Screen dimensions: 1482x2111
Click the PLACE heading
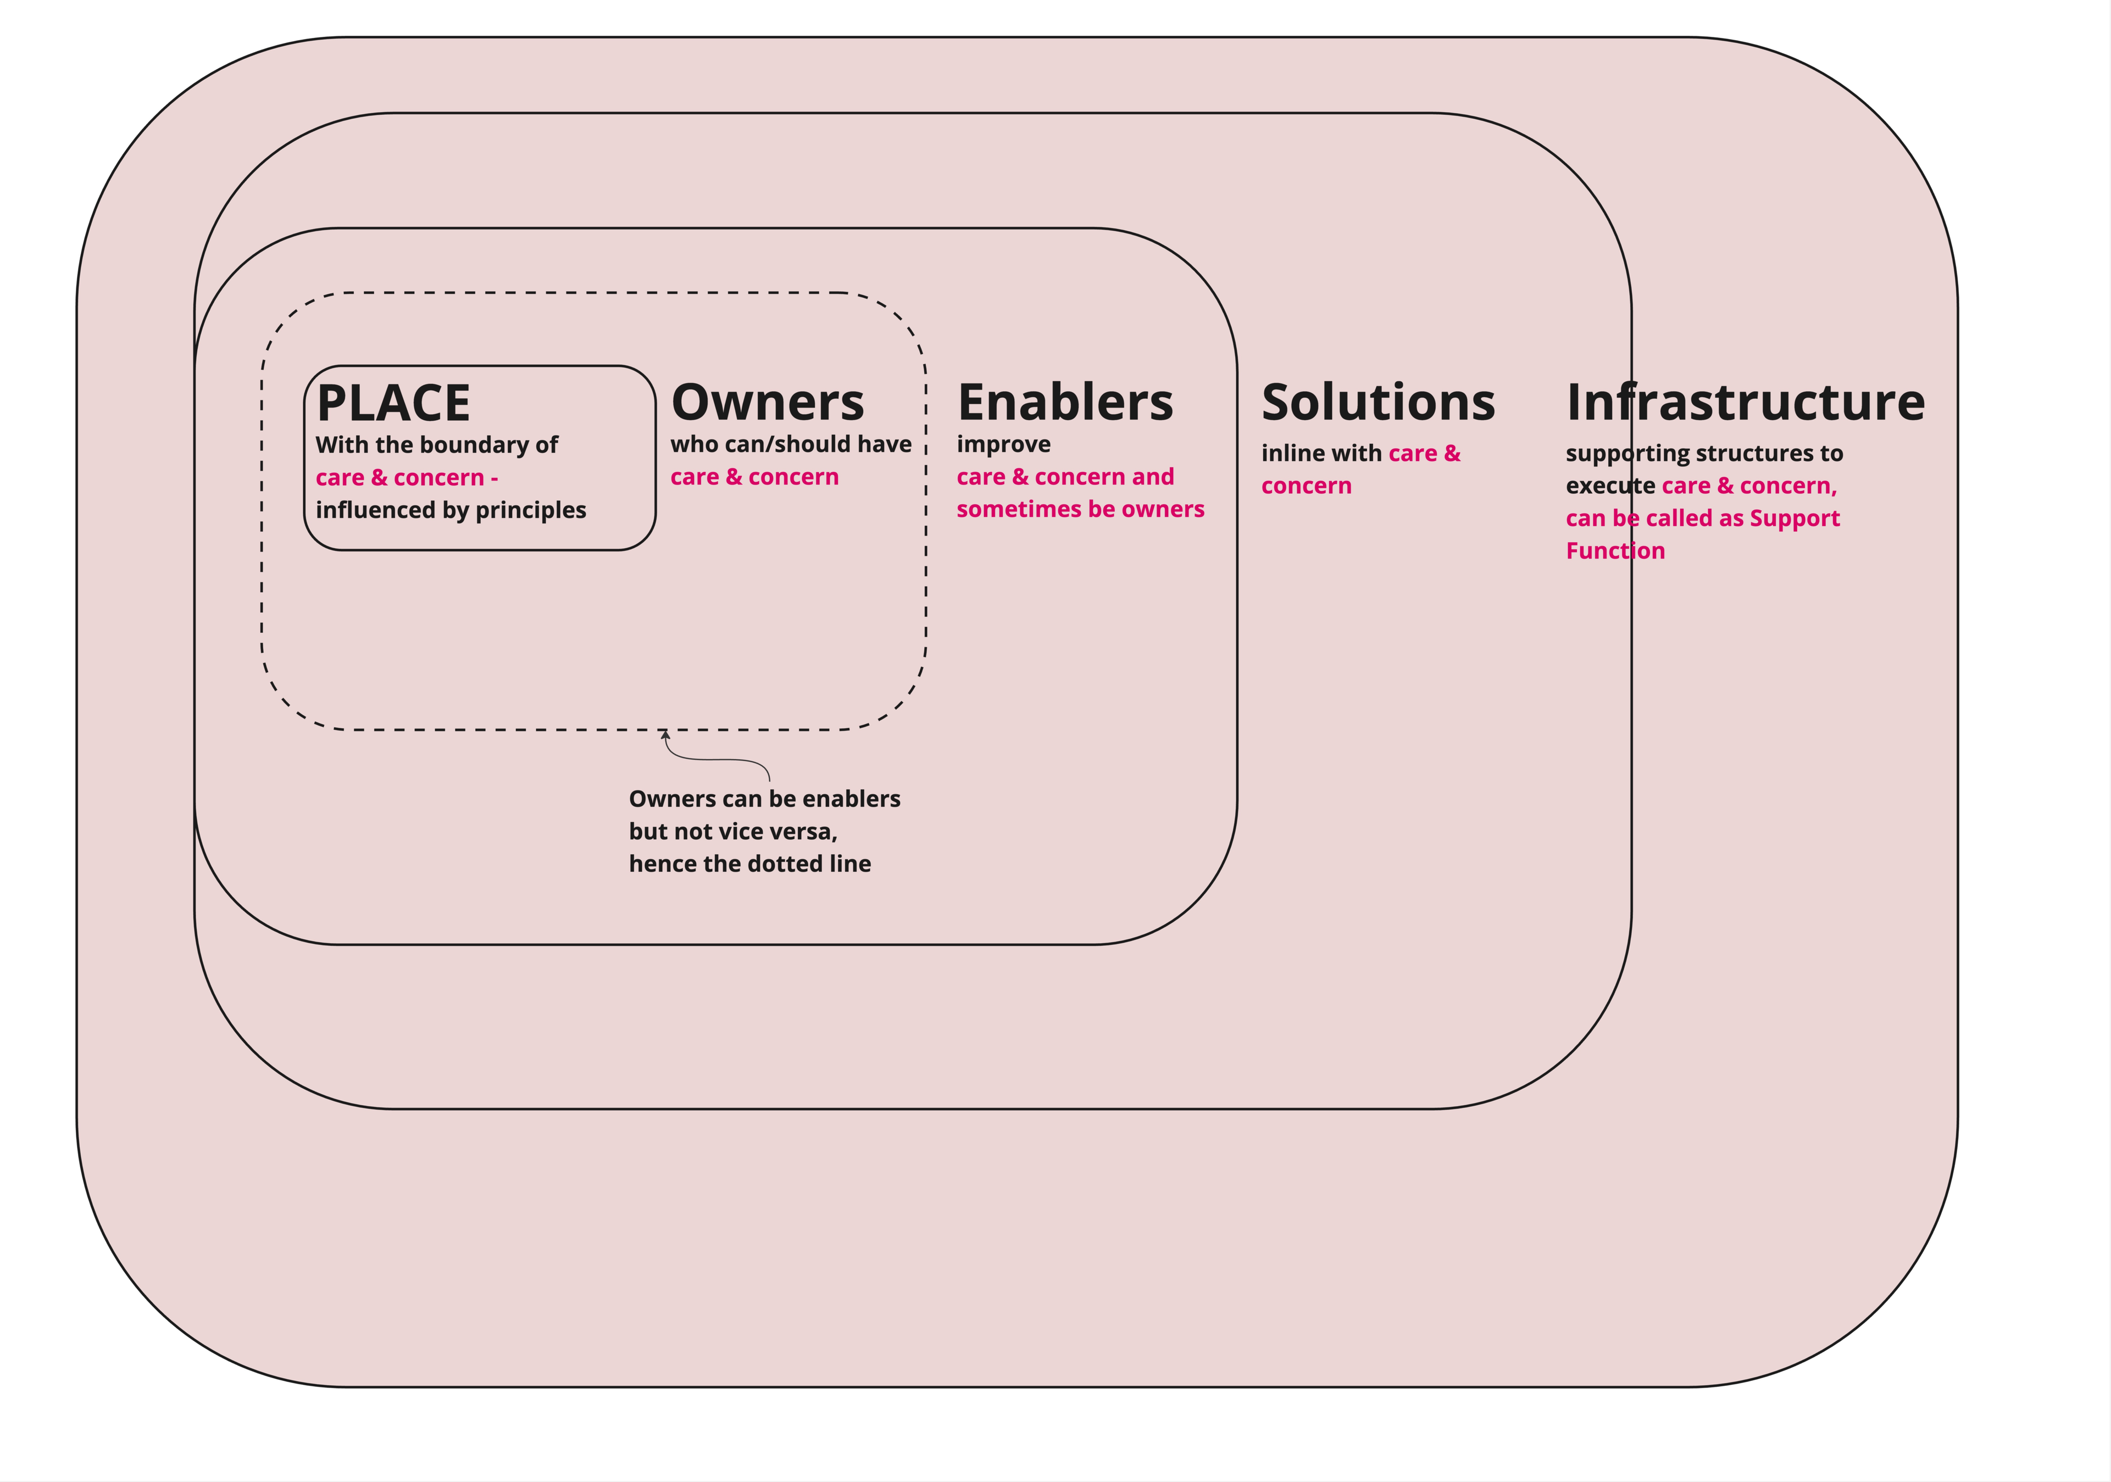click(393, 403)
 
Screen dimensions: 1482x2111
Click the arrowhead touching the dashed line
click(665, 734)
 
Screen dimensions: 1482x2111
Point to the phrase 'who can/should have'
click(791, 444)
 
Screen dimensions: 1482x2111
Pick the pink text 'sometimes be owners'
click(1080, 509)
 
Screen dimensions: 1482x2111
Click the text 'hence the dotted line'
click(749, 863)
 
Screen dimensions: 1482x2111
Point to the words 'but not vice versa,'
click(733, 831)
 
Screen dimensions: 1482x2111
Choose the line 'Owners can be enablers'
click(764, 799)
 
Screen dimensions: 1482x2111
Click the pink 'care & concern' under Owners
click(754, 477)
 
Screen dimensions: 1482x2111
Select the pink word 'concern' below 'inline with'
click(1306, 486)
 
